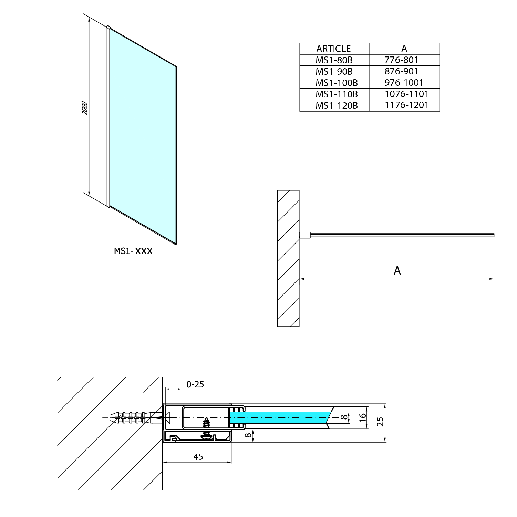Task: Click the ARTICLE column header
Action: point(333,49)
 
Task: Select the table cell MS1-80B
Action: point(334,60)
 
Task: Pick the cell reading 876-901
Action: point(401,71)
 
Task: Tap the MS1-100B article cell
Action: point(337,83)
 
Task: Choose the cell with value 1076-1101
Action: point(406,94)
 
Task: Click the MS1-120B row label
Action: point(337,105)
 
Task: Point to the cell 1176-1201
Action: point(406,105)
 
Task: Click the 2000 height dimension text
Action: point(85,108)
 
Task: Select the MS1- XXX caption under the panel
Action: point(133,251)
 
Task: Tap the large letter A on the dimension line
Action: point(397,271)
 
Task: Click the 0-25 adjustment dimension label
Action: point(195,384)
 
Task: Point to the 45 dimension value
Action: point(198,457)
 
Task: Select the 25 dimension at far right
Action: point(380,422)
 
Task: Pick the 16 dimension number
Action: point(362,417)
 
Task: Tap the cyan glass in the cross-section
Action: point(279,417)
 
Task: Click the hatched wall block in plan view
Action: point(288,258)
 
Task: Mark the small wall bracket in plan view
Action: point(305,235)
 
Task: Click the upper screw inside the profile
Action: point(206,422)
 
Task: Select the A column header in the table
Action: point(404,49)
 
